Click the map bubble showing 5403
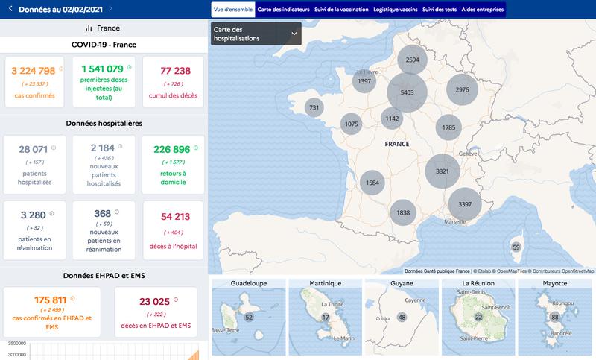point(407,92)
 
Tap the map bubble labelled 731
point(314,108)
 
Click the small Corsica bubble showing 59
point(516,247)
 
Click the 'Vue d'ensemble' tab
point(232,10)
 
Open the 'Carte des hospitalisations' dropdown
point(256,34)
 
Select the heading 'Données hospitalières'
point(104,123)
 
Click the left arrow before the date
point(10,9)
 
